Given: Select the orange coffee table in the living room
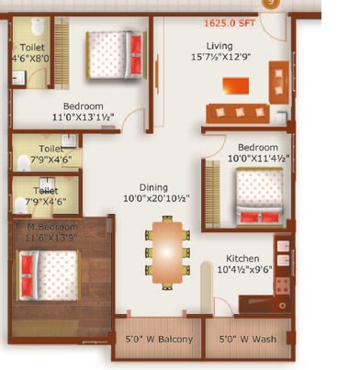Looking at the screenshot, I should click(235, 85).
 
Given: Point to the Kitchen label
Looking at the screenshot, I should click(242, 259).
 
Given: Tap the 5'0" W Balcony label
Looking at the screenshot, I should click(159, 340).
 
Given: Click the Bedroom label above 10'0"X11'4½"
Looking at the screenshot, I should click(258, 147).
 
